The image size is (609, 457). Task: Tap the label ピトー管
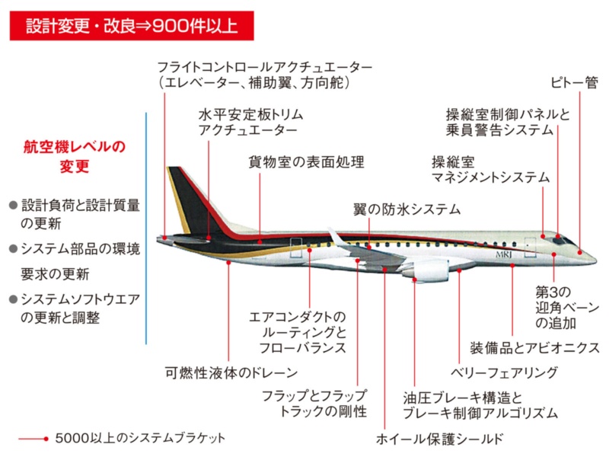click(574, 82)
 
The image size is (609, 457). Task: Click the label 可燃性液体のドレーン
click(231, 373)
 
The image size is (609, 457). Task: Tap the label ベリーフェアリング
click(504, 372)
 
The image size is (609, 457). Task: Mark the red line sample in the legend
click(33, 439)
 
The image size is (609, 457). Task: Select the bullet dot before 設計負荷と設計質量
click(13, 206)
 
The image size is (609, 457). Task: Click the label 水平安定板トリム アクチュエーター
click(250, 122)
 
